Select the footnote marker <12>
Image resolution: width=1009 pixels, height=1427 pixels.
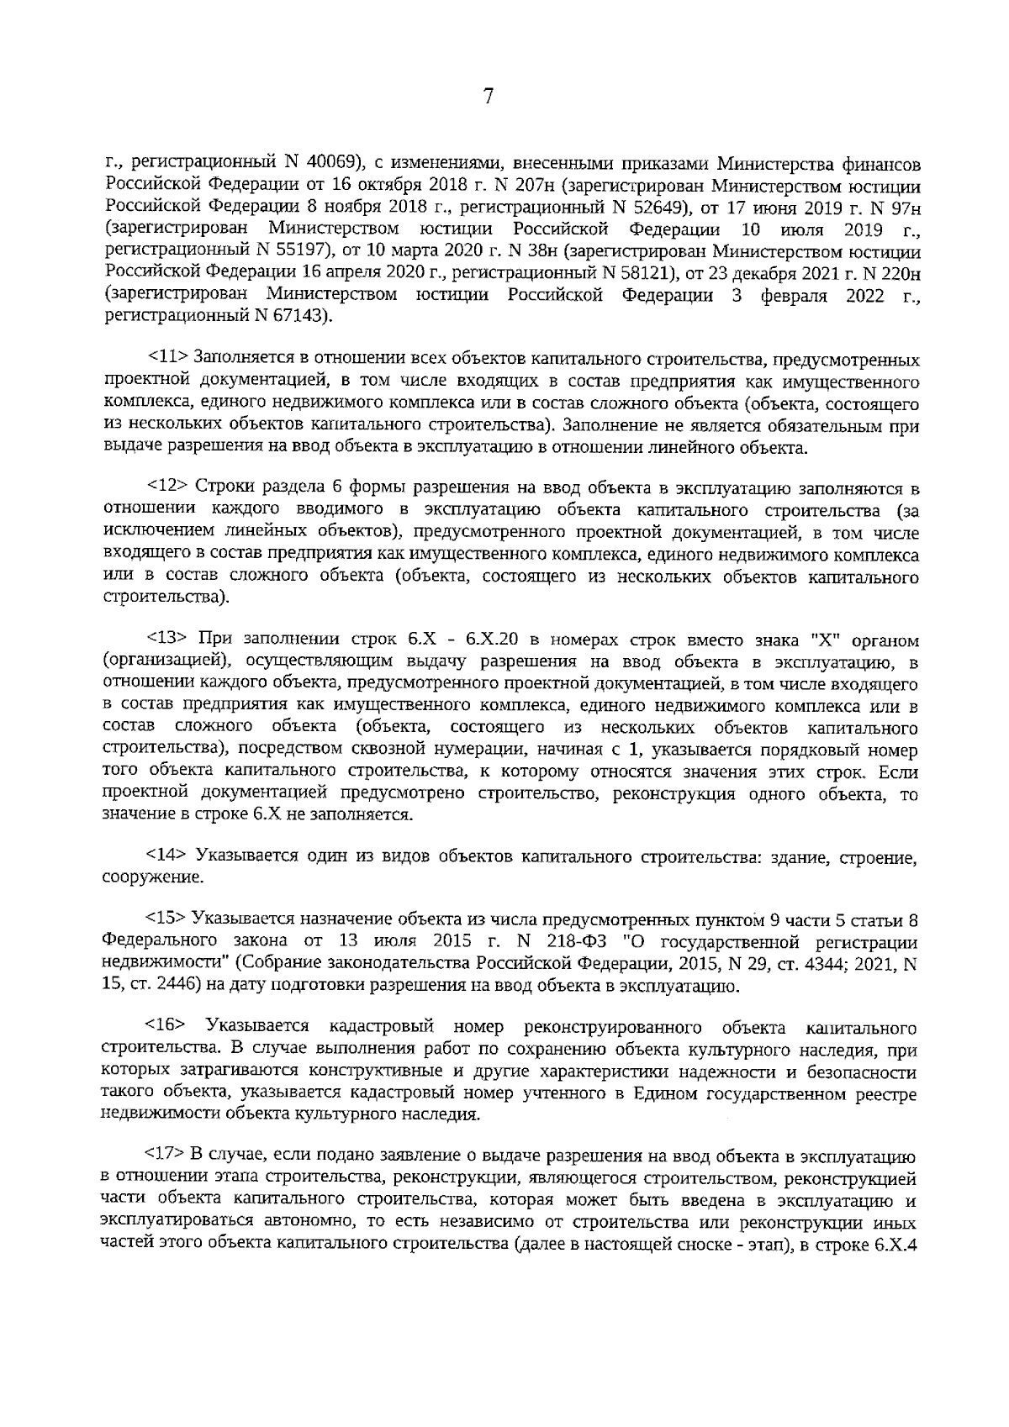click(167, 487)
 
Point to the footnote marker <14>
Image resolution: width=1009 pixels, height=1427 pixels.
click(166, 855)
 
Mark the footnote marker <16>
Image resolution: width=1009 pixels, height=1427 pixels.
click(166, 1027)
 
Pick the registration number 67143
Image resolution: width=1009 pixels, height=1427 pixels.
click(300, 316)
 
